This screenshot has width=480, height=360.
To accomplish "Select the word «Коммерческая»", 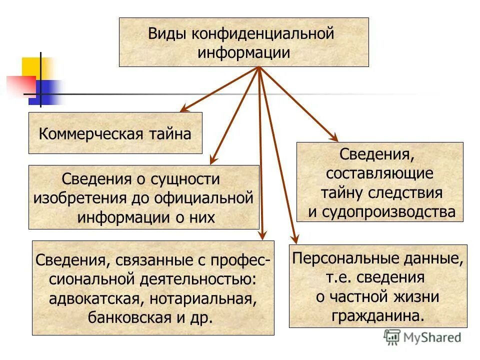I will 91,134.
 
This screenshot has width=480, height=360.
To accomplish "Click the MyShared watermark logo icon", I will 392,337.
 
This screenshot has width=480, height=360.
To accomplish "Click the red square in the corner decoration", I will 20,85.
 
